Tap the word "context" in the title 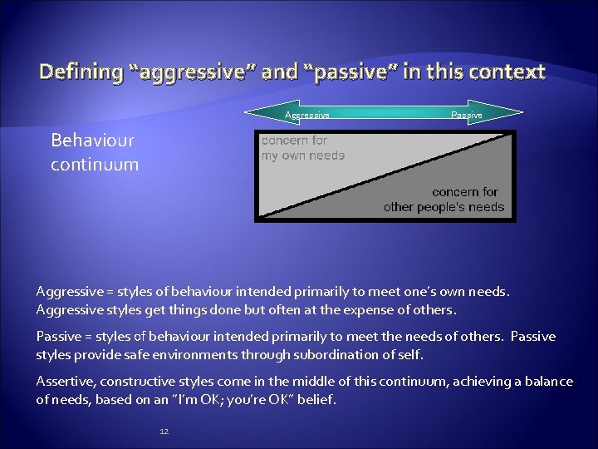506,72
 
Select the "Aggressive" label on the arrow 307,115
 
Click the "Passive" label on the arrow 467,115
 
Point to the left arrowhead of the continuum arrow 252,115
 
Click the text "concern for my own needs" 303,148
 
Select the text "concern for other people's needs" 444,200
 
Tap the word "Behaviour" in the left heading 92,140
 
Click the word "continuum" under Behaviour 94,164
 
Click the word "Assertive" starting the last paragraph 65,382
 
